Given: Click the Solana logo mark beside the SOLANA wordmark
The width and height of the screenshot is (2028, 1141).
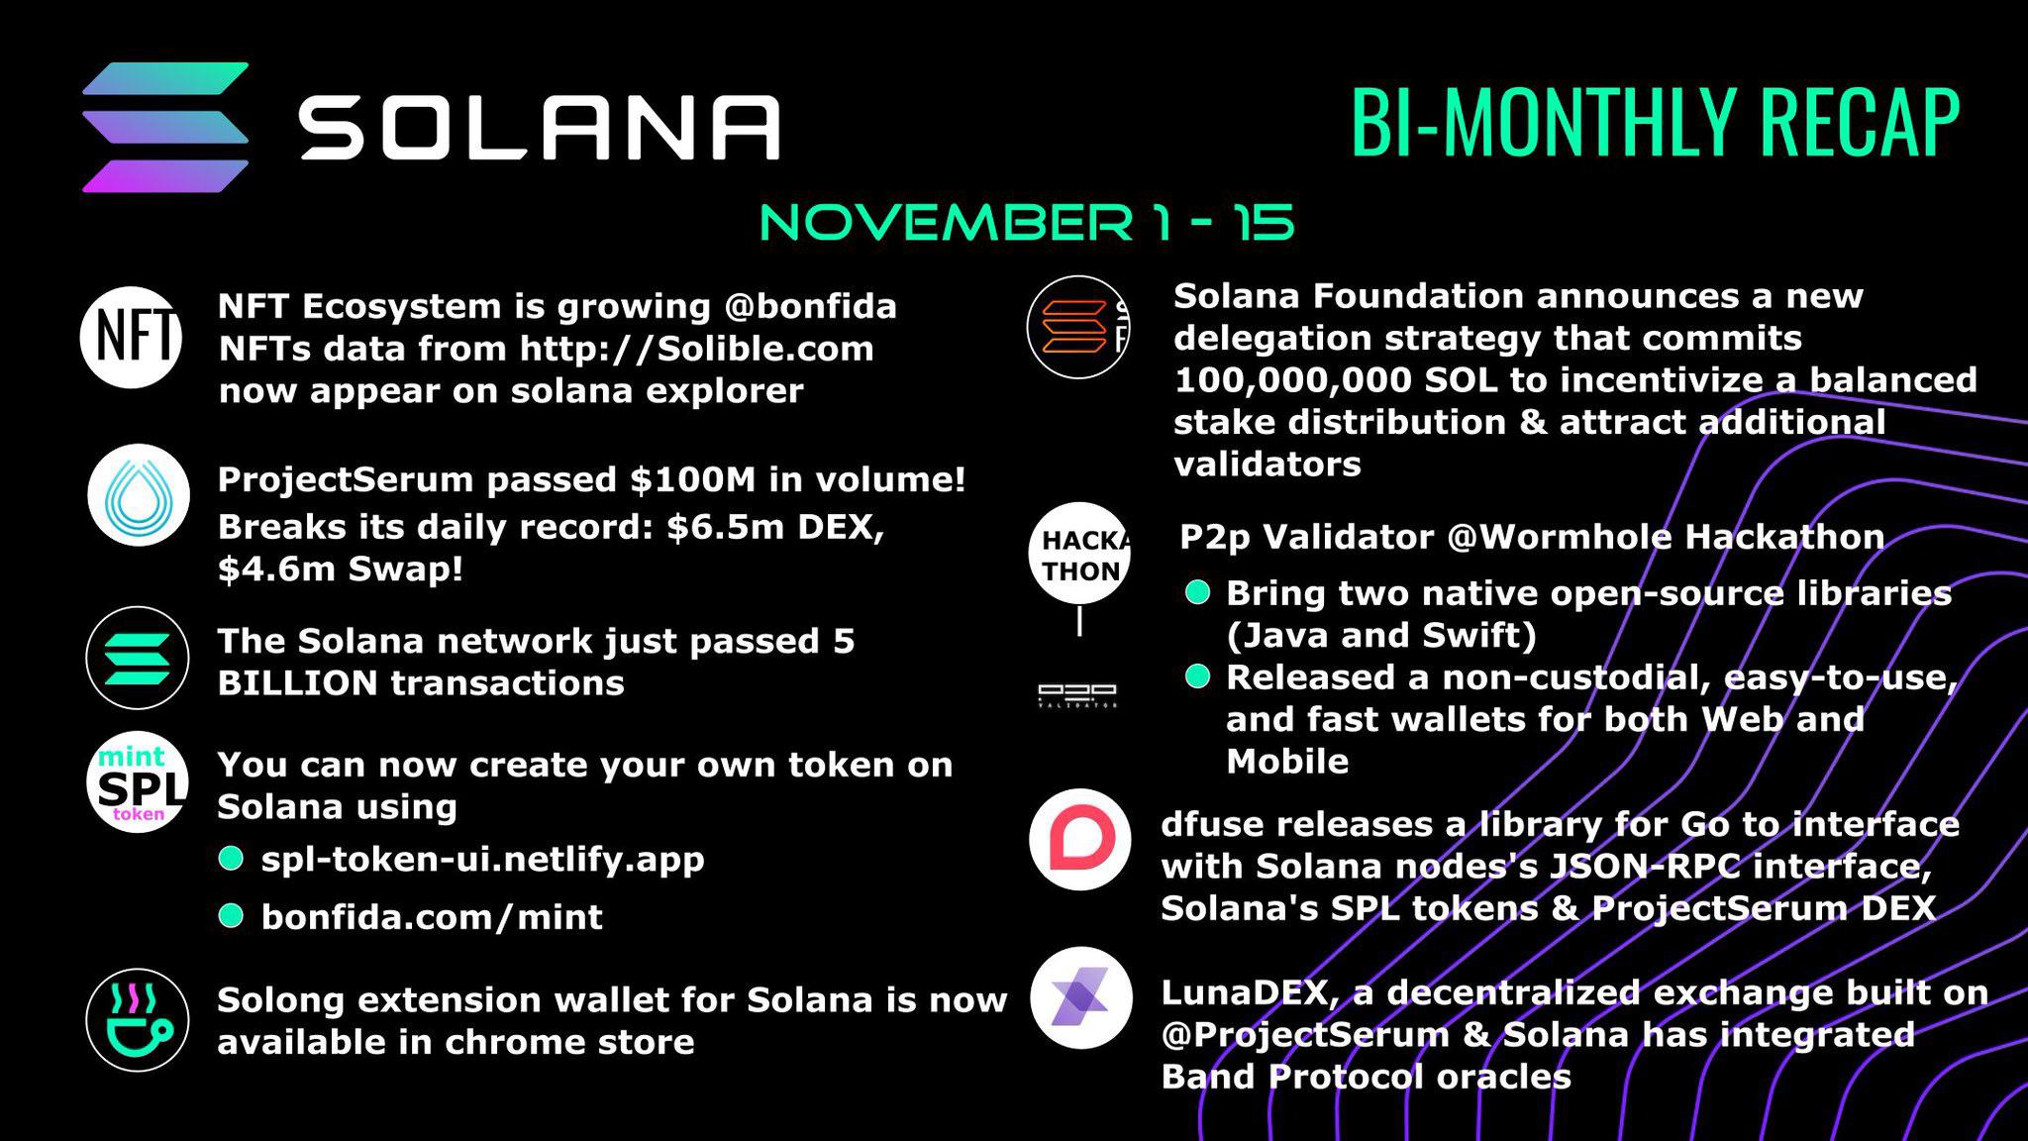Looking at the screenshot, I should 165,127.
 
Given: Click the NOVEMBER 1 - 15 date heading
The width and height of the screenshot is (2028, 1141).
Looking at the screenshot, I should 1027,222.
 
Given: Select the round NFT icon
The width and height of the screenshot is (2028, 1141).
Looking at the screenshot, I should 132,337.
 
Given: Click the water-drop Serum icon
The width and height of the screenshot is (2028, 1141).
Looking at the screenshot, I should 139,494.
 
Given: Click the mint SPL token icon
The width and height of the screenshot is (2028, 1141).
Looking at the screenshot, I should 139,783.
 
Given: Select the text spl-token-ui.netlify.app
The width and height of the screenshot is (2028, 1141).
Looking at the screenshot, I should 482,859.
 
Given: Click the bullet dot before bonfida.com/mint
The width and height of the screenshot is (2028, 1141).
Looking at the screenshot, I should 231,916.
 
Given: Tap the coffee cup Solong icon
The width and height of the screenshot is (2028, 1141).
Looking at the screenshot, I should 138,1019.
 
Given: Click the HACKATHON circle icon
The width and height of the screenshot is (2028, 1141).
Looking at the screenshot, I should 1080,555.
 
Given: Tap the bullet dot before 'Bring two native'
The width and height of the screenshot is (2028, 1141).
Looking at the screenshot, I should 1197,592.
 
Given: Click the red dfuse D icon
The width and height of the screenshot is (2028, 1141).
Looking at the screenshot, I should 1079,840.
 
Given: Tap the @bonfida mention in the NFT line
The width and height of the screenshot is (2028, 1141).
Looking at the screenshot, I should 810,307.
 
